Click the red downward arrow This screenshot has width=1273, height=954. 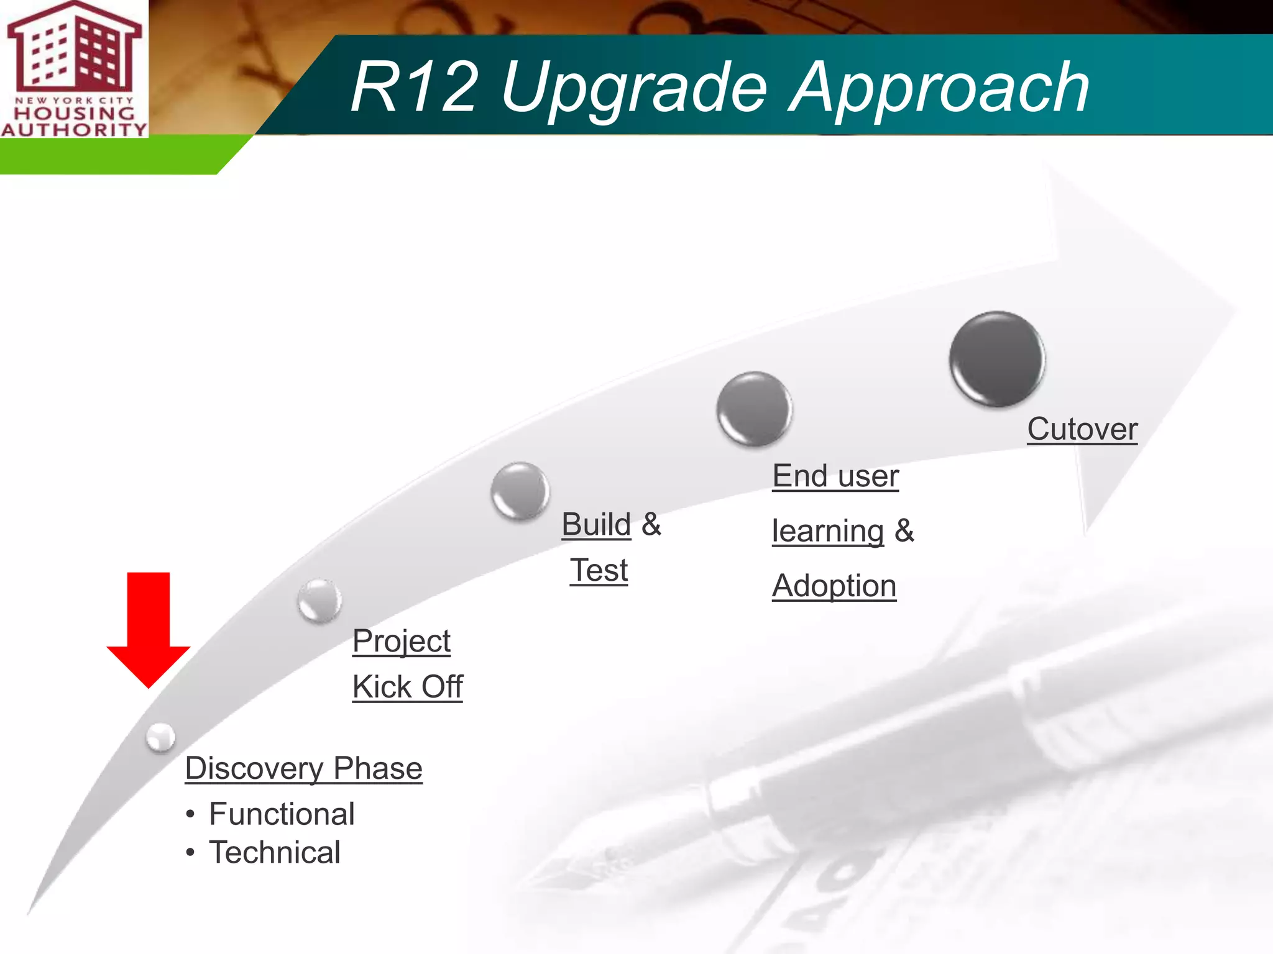point(149,627)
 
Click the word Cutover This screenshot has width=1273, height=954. point(1082,429)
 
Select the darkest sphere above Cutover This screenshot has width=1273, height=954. point(997,360)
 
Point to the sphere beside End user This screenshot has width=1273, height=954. point(754,409)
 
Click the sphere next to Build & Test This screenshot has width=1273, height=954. point(520,491)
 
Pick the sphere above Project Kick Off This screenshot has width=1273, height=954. point(319,601)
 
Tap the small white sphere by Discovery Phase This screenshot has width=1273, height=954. point(161,737)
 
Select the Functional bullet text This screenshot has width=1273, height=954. point(282,814)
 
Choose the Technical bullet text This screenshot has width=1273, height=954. point(275,853)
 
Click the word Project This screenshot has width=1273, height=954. point(402,642)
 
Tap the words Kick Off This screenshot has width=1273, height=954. point(408,687)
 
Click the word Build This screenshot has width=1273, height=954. point(596,524)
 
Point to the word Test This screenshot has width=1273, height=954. point(599,570)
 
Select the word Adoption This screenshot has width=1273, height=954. point(834,586)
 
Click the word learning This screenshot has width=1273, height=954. point(828,532)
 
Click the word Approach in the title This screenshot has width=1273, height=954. point(939,88)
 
